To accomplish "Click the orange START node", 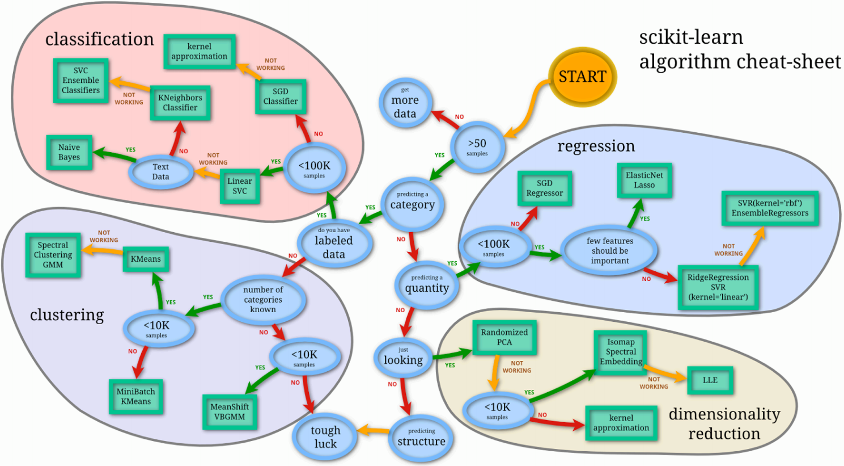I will point(582,77).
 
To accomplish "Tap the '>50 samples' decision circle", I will point(477,146).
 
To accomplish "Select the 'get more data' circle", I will point(405,103).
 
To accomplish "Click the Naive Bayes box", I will point(69,153).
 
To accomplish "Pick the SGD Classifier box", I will point(281,96).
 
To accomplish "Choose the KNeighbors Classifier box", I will point(180,103).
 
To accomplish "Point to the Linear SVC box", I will point(240,186).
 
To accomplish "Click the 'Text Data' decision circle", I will point(160,171).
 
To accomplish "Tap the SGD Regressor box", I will point(545,188).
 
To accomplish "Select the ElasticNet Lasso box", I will point(644,180).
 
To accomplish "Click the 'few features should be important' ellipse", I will point(610,251).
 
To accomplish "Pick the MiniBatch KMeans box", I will point(136,397).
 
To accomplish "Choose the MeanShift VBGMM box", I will point(230,412).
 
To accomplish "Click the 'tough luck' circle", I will point(325,436).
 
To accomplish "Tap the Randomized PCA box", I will point(504,337).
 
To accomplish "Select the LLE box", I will point(710,380).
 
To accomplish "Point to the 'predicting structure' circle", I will point(421,438).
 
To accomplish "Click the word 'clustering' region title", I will point(67,315).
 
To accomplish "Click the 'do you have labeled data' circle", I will point(334,243).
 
